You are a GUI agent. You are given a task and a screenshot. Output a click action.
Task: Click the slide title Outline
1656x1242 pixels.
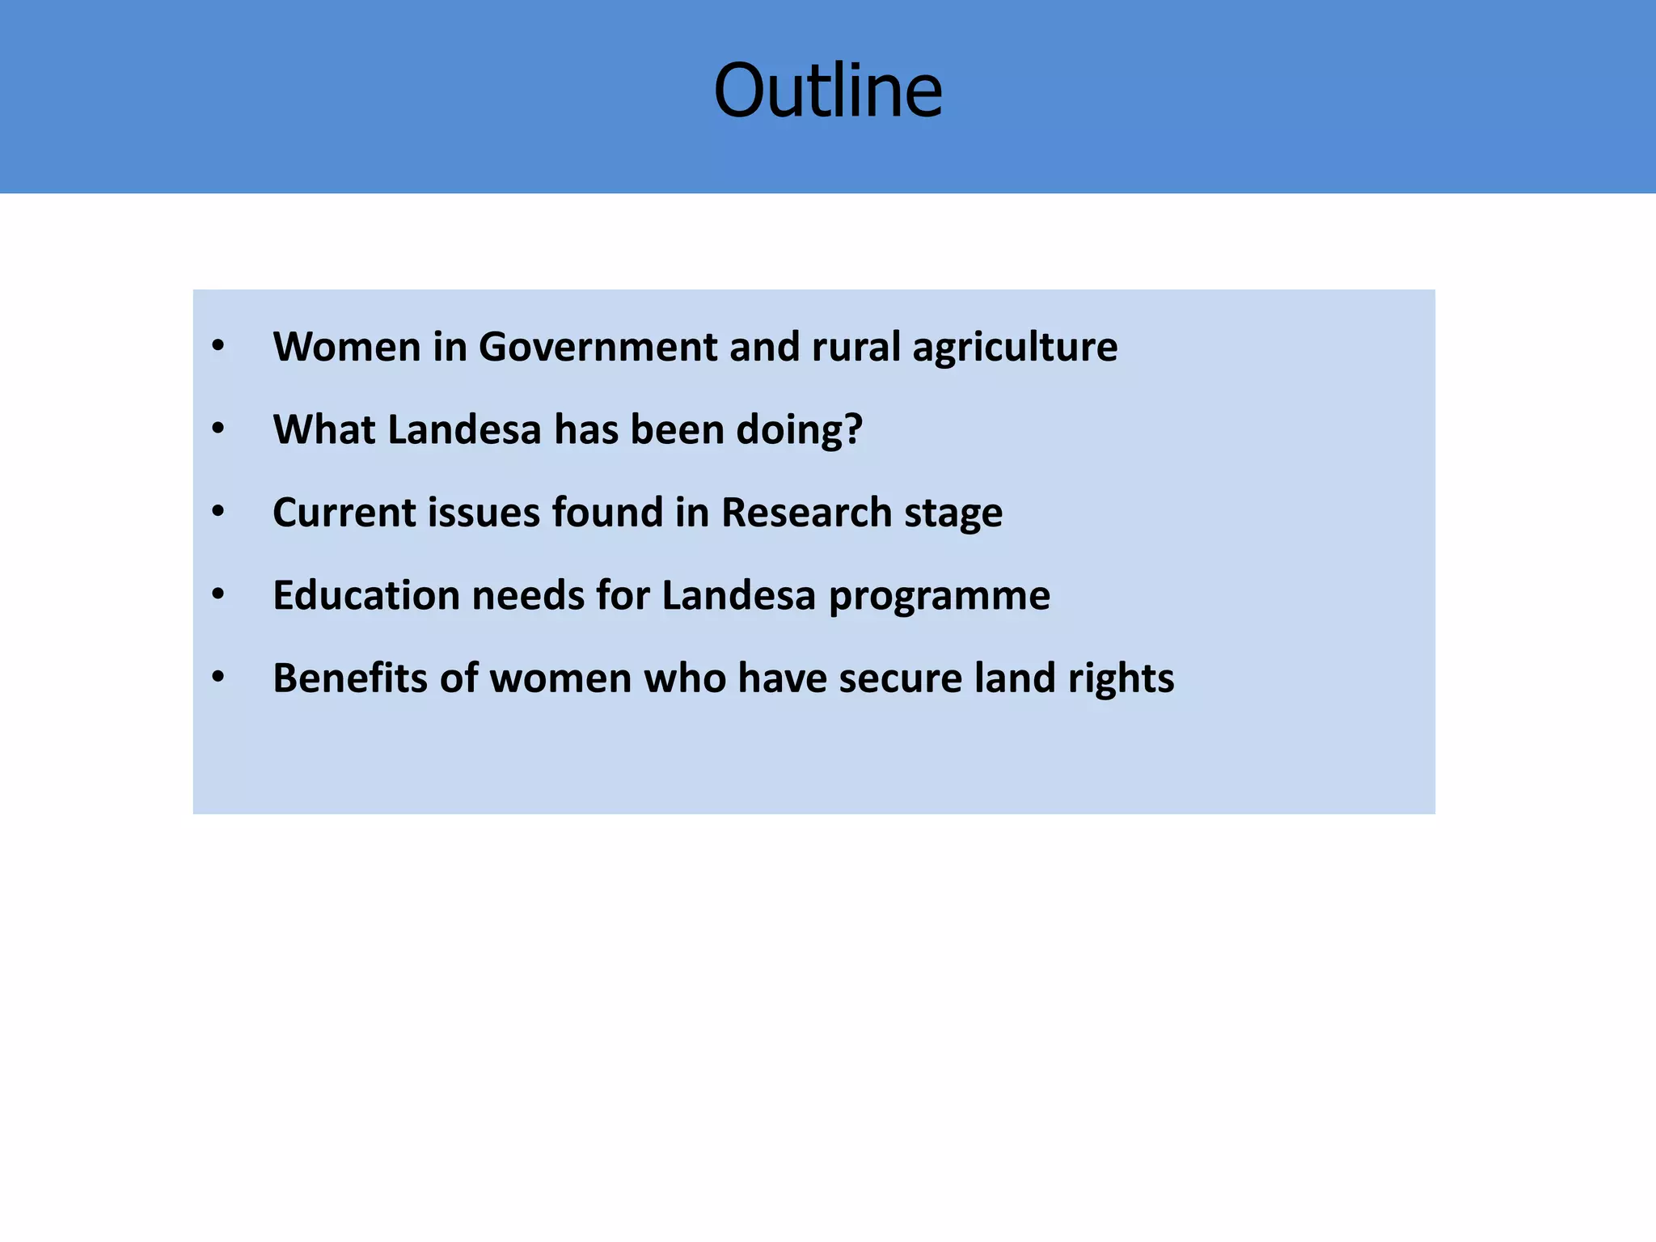tap(828, 91)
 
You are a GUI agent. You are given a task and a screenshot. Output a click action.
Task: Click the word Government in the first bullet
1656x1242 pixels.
tap(598, 347)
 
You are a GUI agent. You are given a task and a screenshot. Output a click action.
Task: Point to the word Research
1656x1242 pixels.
tap(806, 513)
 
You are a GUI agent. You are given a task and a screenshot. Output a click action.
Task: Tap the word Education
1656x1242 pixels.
tap(366, 595)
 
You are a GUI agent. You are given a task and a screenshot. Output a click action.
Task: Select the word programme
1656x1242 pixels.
tap(940, 597)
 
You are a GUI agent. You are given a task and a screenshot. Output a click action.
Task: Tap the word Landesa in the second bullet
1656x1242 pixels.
tap(464, 429)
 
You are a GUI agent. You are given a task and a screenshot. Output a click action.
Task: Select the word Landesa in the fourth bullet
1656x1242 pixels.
tap(738, 595)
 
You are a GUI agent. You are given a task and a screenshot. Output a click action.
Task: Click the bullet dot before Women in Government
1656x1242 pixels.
tap(218, 347)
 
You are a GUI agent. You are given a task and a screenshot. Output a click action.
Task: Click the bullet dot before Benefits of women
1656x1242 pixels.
tap(218, 678)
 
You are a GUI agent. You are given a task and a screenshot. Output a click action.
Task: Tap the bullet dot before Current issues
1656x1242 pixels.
tap(218, 513)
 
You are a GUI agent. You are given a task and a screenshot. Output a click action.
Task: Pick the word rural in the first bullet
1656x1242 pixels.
tap(855, 347)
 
